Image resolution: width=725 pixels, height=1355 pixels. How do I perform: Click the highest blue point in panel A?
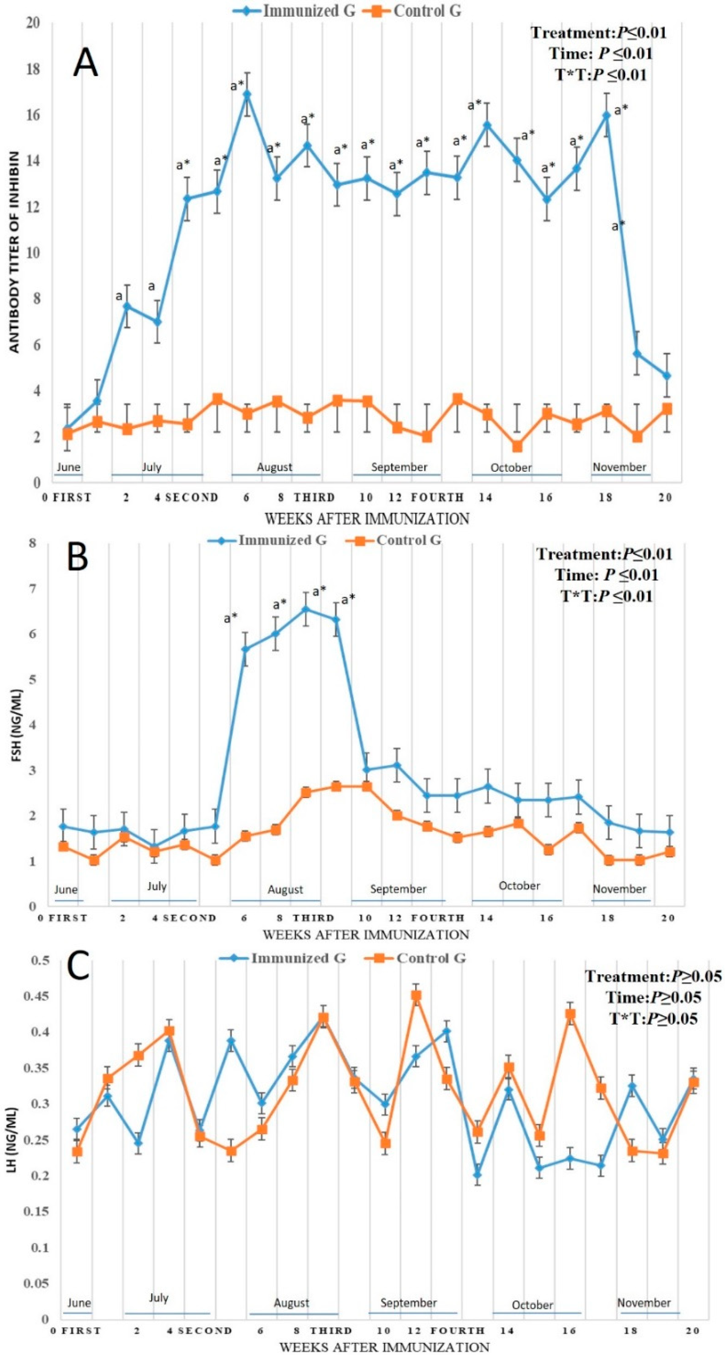tap(246, 95)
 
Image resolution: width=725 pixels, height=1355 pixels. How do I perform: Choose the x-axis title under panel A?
tap(367, 519)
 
